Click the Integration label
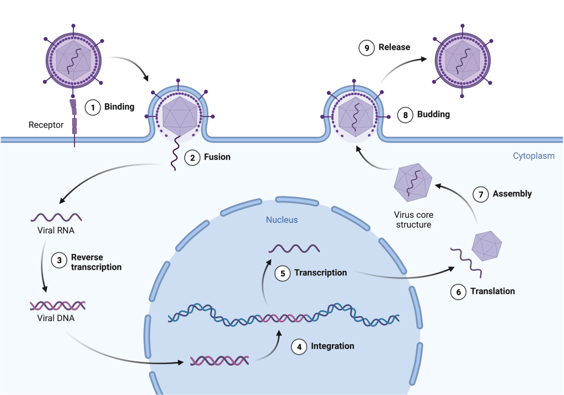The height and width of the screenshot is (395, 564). pyautogui.click(x=332, y=346)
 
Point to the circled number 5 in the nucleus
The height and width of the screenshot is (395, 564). pyautogui.click(x=282, y=273)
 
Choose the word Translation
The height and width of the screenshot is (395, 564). pyautogui.click(x=492, y=291)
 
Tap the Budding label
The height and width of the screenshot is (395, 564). pyautogui.click(x=433, y=115)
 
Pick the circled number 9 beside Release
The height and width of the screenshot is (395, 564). pyautogui.click(x=366, y=47)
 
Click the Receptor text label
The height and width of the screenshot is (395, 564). pyautogui.click(x=46, y=125)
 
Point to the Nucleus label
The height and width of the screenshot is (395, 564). pyautogui.click(x=282, y=220)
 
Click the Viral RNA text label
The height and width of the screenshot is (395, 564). pyautogui.click(x=56, y=231)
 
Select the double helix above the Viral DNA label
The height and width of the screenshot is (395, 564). pyautogui.click(x=57, y=305)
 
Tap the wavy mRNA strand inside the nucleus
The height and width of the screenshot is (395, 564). pyautogui.click(x=294, y=248)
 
